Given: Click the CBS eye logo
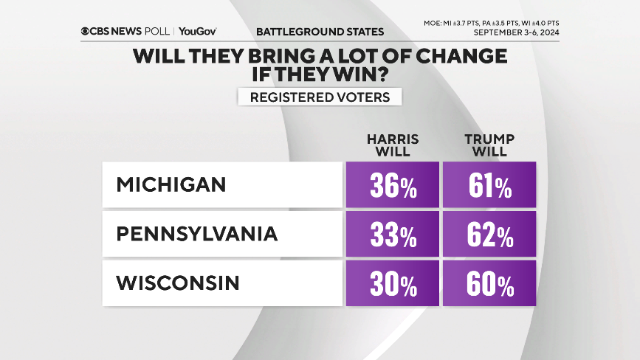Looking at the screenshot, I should pyautogui.click(x=86, y=32).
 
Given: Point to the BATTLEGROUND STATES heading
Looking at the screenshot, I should pyautogui.click(x=320, y=32).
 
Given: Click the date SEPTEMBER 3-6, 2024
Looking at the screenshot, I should pyautogui.click(x=516, y=33).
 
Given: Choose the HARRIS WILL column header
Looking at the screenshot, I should pyautogui.click(x=393, y=145).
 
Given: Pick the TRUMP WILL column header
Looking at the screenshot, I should pyautogui.click(x=489, y=145).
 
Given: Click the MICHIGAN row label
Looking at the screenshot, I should pyautogui.click(x=171, y=184).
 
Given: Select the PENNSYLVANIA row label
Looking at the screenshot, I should pyautogui.click(x=196, y=235).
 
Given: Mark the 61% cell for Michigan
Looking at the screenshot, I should pyautogui.click(x=489, y=186).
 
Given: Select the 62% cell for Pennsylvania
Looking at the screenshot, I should pyautogui.click(x=489, y=235).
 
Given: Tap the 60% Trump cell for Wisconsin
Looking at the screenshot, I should pyautogui.click(x=489, y=284).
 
